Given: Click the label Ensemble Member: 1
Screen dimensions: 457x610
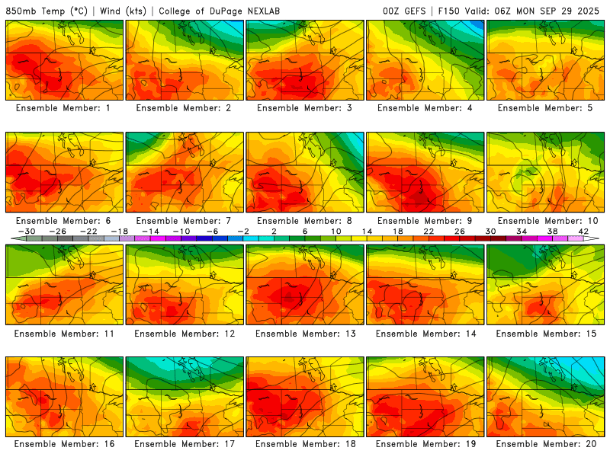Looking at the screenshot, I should (x=64, y=108).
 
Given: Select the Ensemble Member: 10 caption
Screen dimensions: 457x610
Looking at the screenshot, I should (x=546, y=221).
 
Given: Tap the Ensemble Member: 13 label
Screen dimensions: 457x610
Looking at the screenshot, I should (x=305, y=333).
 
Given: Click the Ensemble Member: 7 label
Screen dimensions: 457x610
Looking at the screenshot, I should (x=185, y=221).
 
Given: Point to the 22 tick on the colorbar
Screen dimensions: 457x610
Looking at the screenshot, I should (x=429, y=231).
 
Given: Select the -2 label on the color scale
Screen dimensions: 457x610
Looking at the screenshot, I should (x=243, y=231).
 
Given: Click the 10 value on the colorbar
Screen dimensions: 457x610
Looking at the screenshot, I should (x=335, y=231).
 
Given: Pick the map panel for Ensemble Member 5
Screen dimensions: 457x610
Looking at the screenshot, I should (x=546, y=59).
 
